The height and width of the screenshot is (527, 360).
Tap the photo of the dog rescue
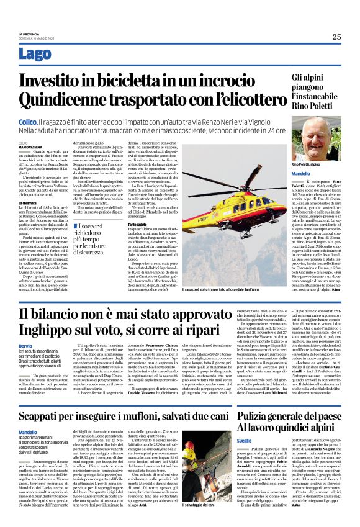(205, 478)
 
